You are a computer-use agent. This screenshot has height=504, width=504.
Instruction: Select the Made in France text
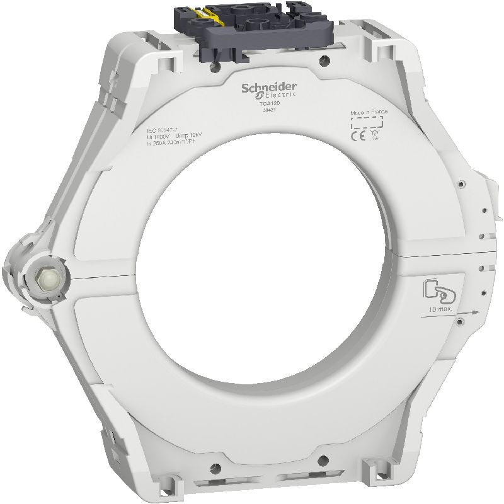click(369, 112)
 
